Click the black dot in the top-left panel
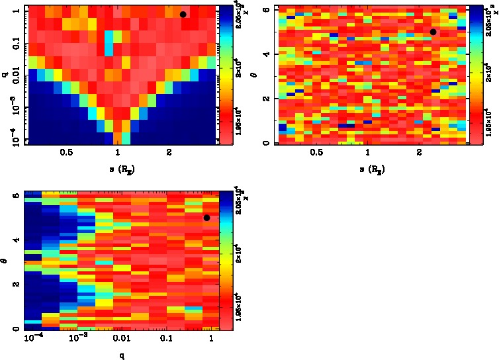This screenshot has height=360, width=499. click(x=183, y=14)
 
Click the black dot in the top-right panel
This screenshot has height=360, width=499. click(x=433, y=32)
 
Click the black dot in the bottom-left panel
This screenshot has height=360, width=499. click(x=206, y=218)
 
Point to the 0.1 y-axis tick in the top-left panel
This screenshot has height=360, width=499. click(x=15, y=45)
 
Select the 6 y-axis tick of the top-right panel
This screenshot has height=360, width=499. click(x=265, y=9)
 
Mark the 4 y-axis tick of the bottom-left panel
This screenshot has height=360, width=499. click(x=17, y=240)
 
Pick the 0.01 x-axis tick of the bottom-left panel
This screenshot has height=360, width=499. click(x=121, y=338)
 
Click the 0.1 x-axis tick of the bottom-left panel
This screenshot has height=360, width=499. click(x=166, y=338)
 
